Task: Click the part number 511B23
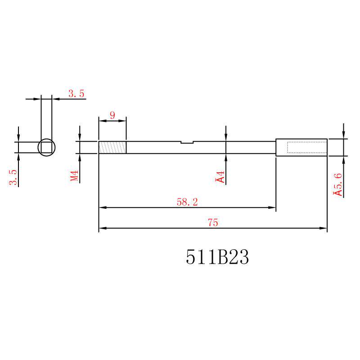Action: pos(217,257)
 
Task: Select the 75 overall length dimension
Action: pos(213,222)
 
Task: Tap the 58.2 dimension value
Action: pos(187,202)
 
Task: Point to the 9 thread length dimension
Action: pos(112,115)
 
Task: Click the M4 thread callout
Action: pos(74,175)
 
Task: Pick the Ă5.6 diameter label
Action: pos(338,184)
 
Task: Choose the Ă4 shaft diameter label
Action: pos(220,177)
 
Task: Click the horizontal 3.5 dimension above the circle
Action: pos(76,94)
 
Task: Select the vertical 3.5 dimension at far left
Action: pos(13,177)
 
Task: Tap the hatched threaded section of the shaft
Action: pos(112,148)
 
